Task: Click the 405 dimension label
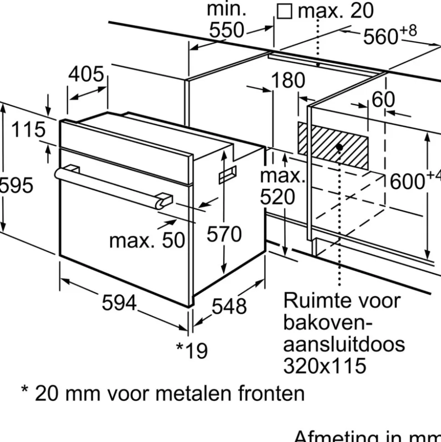[86, 74]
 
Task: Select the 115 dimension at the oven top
[28, 130]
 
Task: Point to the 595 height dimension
[16, 185]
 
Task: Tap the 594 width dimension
[119, 302]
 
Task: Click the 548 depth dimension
[230, 306]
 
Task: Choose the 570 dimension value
[224, 234]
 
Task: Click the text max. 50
[147, 240]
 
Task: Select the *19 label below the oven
[192, 350]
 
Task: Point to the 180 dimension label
[288, 81]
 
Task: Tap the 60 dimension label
[383, 99]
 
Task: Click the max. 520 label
[282, 187]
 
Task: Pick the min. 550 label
[226, 20]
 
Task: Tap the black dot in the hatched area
[340, 147]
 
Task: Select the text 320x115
[325, 365]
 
